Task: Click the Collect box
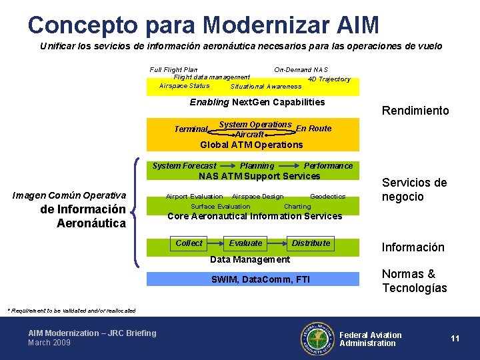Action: pyautogui.click(x=189, y=243)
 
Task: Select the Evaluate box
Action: pyautogui.click(x=246, y=243)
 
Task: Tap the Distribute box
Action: pyautogui.click(x=311, y=243)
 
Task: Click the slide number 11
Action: pyautogui.click(x=455, y=339)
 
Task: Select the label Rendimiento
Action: pyautogui.click(x=415, y=111)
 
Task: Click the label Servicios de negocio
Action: pyautogui.click(x=414, y=189)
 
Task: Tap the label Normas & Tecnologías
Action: pyautogui.click(x=414, y=281)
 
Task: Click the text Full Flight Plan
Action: pyautogui.click(x=173, y=69)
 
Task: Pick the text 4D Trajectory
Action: pyautogui.click(x=329, y=79)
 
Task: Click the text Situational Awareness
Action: pyautogui.click(x=265, y=87)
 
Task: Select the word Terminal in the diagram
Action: pyautogui.click(x=191, y=129)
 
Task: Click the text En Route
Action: pyautogui.click(x=313, y=129)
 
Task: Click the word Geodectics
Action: pyautogui.click(x=327, y=197)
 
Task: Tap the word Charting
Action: pyautogui.click(x=297, y=207)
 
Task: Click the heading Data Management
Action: pyautogui.click(x=250, y=259)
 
